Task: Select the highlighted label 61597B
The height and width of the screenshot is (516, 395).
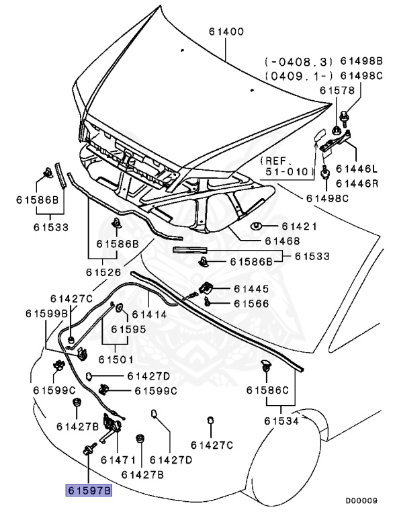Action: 89,491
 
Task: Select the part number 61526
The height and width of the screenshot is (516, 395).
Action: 103,273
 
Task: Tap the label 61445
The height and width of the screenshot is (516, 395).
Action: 251,289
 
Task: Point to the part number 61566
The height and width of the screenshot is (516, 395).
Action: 251,304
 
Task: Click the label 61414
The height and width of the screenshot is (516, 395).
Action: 149,314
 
